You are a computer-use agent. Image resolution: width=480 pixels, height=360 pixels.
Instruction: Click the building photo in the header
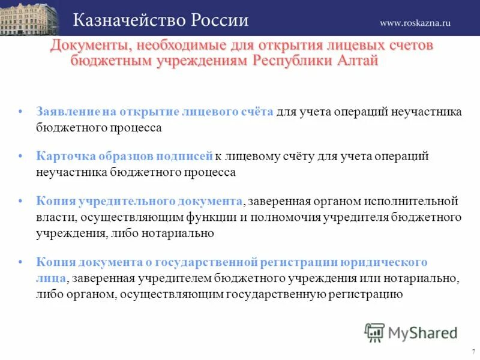(29, 18)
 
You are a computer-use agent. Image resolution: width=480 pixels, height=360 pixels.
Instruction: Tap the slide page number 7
(473, 352)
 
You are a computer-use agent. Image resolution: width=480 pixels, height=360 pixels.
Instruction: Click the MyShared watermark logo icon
(374, 332)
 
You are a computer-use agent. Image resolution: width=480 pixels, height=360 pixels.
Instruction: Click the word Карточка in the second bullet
(64, 156)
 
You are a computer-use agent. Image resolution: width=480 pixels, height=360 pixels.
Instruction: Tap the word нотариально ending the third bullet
(181, 233)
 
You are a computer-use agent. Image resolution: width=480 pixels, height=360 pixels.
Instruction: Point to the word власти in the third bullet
(53, 217)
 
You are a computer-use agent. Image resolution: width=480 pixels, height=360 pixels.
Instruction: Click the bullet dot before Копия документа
(21, 262)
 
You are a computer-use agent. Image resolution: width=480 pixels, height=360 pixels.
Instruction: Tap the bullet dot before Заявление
(21, 112)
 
